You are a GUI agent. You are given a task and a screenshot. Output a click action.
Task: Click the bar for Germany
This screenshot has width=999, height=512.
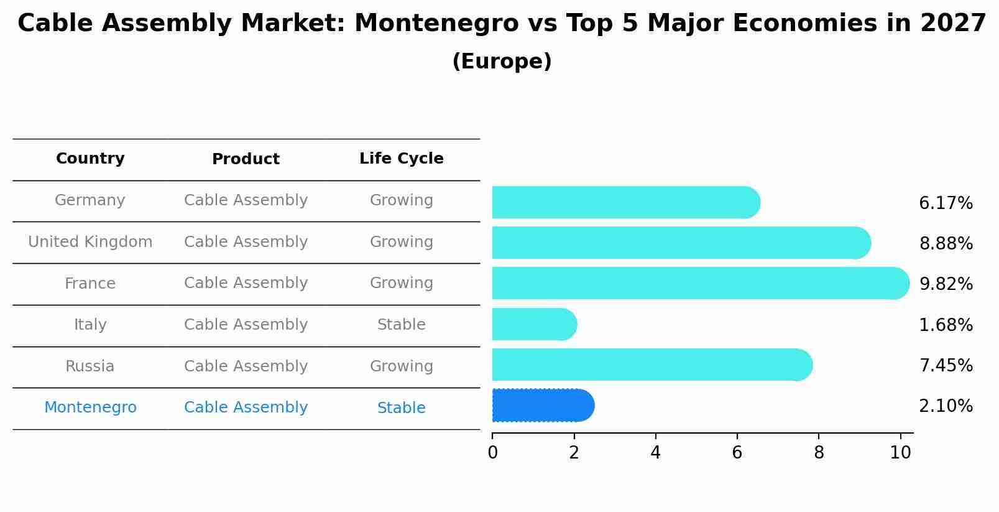coord(625,202)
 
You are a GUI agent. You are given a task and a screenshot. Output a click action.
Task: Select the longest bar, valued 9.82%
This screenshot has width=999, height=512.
coord(699,283)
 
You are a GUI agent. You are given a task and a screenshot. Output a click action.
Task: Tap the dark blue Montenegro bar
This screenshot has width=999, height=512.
coord(542,405)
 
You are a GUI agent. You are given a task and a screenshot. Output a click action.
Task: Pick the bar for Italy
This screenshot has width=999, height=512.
coord(533,324)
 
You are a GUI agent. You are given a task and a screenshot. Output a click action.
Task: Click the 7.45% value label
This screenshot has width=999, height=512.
coord(946,365)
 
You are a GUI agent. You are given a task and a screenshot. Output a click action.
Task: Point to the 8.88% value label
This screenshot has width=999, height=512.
coord(946,243)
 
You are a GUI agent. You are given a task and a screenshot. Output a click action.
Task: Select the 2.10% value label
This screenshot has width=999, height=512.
coord(946,406)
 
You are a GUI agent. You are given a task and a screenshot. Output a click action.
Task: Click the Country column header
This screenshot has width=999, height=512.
coord(90,159)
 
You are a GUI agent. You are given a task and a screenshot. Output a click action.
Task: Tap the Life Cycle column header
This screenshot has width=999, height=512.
coord(401,159)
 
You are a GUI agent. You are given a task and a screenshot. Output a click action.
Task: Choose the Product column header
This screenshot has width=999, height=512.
coord(246,159)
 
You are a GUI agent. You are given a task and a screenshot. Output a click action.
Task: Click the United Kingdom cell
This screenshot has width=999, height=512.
coord(90,242)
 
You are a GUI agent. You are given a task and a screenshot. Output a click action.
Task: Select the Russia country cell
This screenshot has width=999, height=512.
coord(90,366)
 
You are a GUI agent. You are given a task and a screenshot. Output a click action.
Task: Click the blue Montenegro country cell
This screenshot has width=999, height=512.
coord(90,407)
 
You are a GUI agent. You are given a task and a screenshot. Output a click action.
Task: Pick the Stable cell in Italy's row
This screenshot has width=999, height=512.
coord(401,325)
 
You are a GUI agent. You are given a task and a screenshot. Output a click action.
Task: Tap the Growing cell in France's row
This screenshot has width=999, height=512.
coord(401,283)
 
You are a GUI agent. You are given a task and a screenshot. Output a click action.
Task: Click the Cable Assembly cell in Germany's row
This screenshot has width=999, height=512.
coord(246,200)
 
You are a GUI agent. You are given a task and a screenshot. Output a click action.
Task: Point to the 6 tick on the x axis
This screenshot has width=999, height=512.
coord(737,452)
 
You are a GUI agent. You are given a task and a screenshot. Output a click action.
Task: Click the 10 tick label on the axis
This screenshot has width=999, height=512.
coord(900,452)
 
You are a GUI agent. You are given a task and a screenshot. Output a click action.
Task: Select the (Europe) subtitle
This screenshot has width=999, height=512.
coord(502,62)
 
